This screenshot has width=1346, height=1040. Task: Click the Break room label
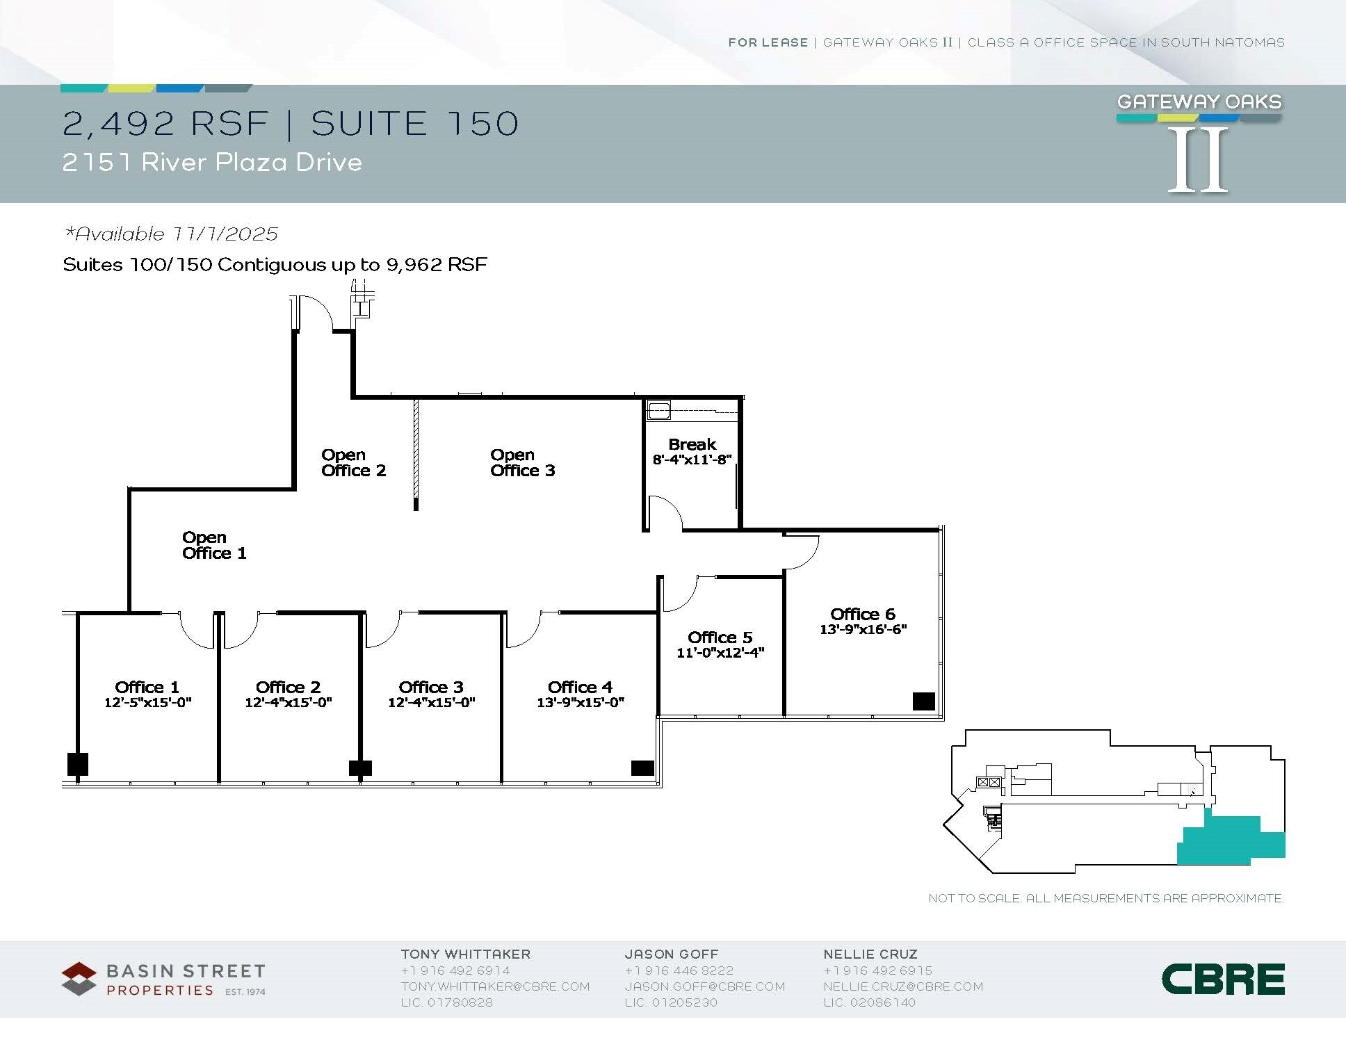[x=692, y=445]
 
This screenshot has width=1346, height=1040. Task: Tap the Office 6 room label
[x=862, y=615]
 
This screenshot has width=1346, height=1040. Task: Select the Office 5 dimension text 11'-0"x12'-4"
[x=720, y=653]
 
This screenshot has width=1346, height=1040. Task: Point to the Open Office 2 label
[x=353, y=463]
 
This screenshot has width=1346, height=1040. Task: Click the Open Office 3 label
[x=522, y=463]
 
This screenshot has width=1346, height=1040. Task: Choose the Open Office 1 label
[x=214, y=546]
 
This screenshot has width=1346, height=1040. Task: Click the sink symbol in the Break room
[x=658, y=410]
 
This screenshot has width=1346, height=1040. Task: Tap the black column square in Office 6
[x=923, y=701]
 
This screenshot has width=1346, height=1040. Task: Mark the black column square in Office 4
[x=642, y=768]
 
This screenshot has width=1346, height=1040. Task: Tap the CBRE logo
[x=1223, y=980]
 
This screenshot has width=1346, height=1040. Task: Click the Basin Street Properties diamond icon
[x=79, y=979]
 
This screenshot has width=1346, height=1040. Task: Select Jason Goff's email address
[x=704, y=986]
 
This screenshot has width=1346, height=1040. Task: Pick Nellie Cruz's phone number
[x=878, y=970]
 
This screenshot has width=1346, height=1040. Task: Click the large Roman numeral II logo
[x=1198, y=161]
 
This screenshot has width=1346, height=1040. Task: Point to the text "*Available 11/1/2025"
[x=171, y=234]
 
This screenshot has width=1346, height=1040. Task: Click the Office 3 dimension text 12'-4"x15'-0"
[x=431, y=703]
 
